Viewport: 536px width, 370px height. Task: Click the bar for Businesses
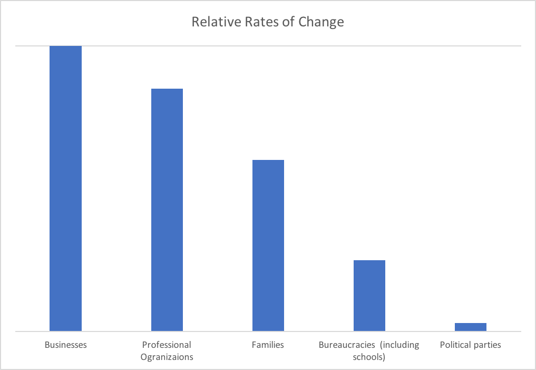pos(65,188)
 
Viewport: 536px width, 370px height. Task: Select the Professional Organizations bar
pos(167,210)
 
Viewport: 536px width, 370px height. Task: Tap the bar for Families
pos(268,245)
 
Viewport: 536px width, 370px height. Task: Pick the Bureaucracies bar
pos(369,296)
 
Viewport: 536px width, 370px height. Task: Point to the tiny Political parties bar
pos(471,327)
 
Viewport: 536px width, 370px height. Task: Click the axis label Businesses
pos(65,345)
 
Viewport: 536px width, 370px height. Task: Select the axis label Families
pos(268,345)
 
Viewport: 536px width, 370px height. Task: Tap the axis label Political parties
pos(470,345)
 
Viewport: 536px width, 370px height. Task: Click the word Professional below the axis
pos(167,345)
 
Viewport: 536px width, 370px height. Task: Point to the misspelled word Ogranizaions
pos(167,357)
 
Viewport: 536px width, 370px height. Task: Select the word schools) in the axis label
pos(369,357)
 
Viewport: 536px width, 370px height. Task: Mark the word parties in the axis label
pos(488,345)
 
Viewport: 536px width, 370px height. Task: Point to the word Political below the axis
pos(455,345)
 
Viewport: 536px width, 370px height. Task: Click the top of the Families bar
pos(268,160)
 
